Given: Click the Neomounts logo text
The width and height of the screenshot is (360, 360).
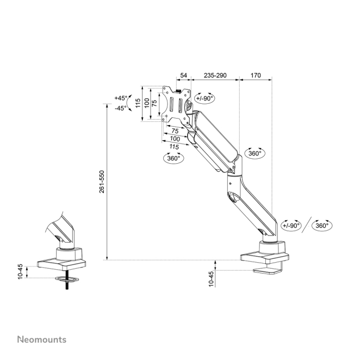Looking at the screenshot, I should pyautogui.click(x=41, y=339).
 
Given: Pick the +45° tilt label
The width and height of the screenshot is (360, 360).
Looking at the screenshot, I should pyautogui.click(x=121, y=98).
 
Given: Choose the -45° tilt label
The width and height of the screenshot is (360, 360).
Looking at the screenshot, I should pyautogui.click(x=121, y=108).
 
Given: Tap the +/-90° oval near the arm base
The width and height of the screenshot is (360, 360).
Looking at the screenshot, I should pyautogui.click(x=291, y=225).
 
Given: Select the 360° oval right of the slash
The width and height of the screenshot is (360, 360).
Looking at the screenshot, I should pyautogui.click(x=322, y=225).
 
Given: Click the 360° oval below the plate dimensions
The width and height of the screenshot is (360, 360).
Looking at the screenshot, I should pyautogui.click(x=173, y=158).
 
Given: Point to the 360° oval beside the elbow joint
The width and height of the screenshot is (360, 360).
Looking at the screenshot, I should pyautogui.click(x=255, y=153).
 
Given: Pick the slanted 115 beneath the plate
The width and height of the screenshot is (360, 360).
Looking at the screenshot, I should pyautogui.click(x=173, y=147).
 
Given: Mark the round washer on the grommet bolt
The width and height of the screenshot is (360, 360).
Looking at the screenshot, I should pyautogui.click(x=68, y=279).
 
